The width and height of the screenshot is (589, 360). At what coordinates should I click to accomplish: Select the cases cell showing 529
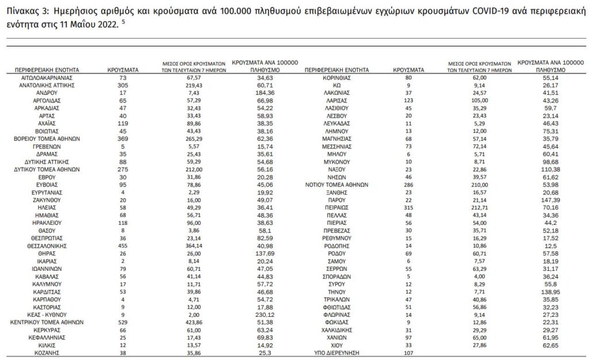pos(122,322)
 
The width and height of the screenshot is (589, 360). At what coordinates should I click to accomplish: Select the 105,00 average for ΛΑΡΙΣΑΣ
pos(476,99)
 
